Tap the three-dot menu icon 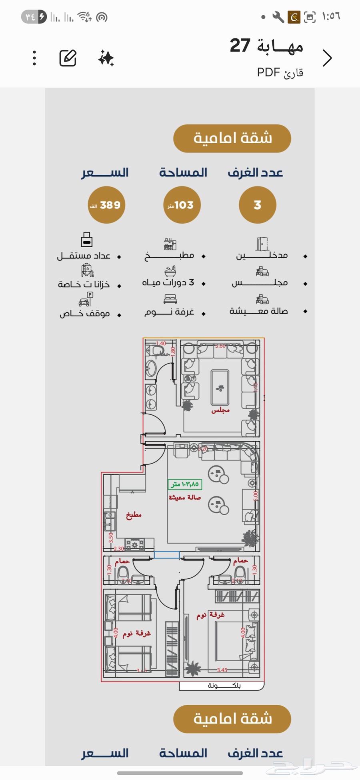pyautogui.click(x=34, y=58)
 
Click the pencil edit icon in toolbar pyautogui.click(x=68, y=58)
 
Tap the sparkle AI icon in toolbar pyautogui.click(x=106, y=58)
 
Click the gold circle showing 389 pyautogui.click(x=106, y=205)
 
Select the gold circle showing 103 pyautogui.click(x=182, y=205)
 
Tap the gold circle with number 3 pyautogui.click(x=257, y=205)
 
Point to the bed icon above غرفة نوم pyautogui.click(x=170, y=299)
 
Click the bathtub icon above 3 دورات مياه pyautogui.click(x=170, y=271)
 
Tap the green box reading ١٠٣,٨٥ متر pyautogui.click(x=185, y=484)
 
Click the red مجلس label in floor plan pyautogui.click(x=220, y=410)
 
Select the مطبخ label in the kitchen pyautogui.click(x=134, y=515)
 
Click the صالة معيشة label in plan pyautogui.click(x=185, y=497)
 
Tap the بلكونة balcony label pyautogui.click(x=224, y=686)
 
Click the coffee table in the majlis pyautogui.click(x=220, y=387)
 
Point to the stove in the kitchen pyautogui.click(x=135, y=544)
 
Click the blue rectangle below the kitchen pyautogui.click(x=167, y=555)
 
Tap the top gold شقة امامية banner pyautogui.click(x=232, y=138)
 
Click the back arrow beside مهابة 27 pyautogui.click(x=327, y=58)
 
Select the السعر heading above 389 pyautogui.click(x=105, y=173)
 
